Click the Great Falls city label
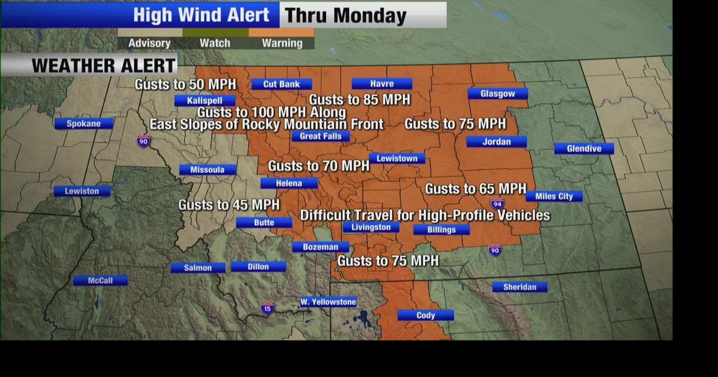[320, 136]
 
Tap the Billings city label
[441, 230]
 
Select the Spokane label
[84, 124]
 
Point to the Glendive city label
[584, 149]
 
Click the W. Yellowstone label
[328, 302]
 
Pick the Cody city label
[426, 316]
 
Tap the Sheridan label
[519, 287]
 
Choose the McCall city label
[100, 281]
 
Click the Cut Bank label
[281, 84]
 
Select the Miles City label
[554, 196]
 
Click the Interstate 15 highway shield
[268, 308]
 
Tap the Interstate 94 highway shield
[497, 203]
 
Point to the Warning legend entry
[282, 43]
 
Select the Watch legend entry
[215, 43]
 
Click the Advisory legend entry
[149, 43]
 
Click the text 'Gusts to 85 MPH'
[360, 100]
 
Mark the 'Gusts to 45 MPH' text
[229, 205]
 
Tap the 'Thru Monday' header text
[346, 16]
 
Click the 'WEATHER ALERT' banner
[103, 66]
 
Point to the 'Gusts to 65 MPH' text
[476, 189]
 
